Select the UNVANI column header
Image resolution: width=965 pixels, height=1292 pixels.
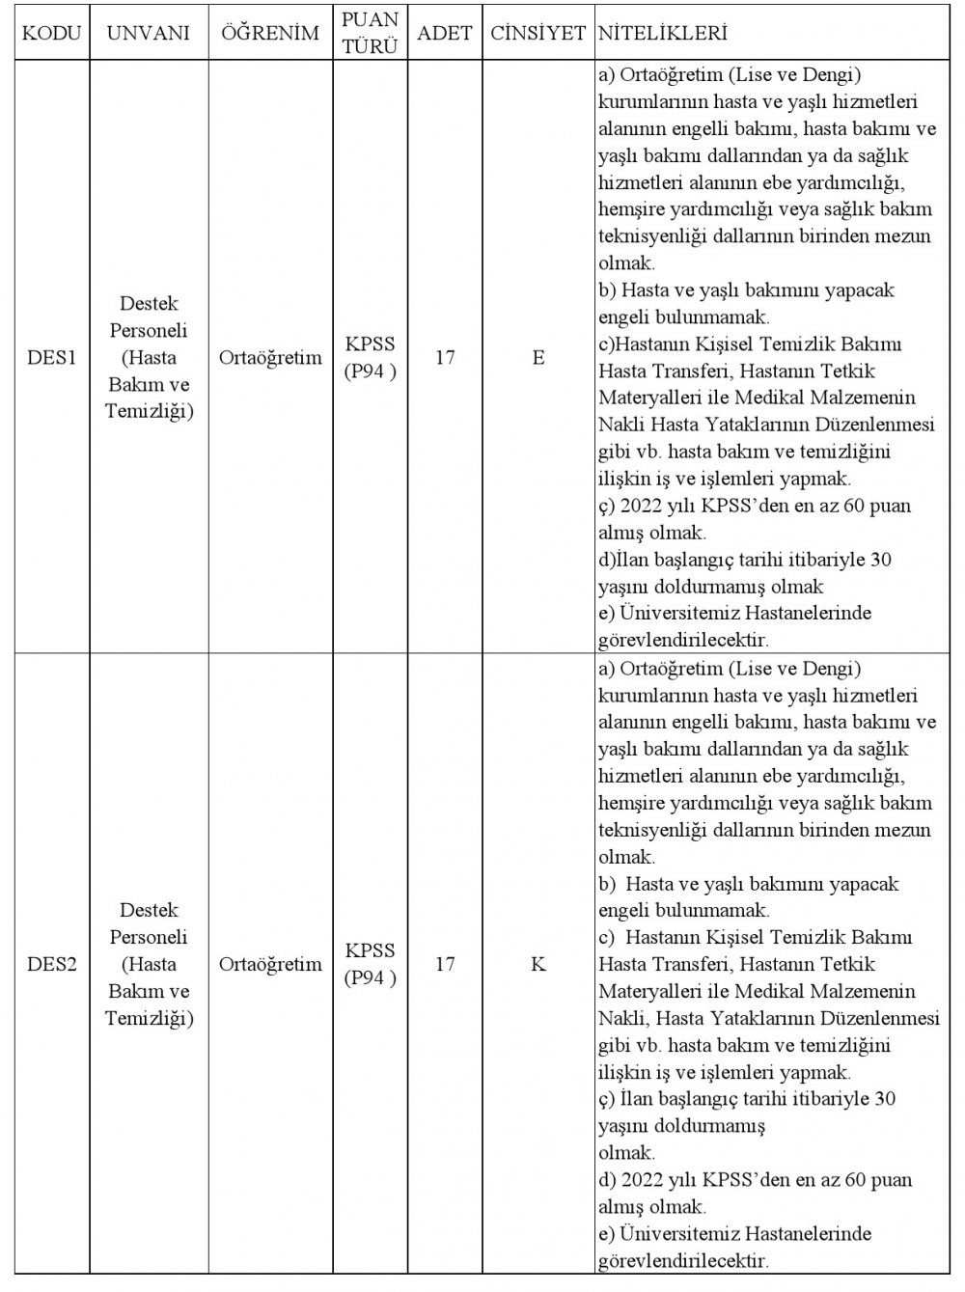coord(149,34)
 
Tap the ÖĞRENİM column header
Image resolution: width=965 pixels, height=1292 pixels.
coord(270,34)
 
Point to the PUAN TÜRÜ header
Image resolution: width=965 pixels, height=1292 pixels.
coord(371,33)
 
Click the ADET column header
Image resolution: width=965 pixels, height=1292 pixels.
coord(445,34)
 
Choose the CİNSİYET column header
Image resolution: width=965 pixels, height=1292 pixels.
coord(538,34)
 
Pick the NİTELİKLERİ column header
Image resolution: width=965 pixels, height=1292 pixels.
coord(663,34)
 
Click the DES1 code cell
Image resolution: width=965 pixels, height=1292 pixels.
coord(51,358)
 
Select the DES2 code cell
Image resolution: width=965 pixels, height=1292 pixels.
coord(51,964)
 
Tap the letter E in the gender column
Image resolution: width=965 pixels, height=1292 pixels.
coord(538,358)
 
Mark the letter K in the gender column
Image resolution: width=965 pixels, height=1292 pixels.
coord(538,964)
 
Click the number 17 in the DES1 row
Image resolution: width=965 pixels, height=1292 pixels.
coord(445,358)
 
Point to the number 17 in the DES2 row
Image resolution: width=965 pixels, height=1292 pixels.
coord(445,964)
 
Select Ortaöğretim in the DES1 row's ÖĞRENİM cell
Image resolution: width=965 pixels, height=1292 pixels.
coord(270,358)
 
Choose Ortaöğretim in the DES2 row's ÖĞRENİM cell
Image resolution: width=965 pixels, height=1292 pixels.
coord(270,964)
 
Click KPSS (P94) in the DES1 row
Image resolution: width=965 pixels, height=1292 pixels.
coord(371,358)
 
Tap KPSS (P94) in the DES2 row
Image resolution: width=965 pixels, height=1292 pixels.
coord(371,964)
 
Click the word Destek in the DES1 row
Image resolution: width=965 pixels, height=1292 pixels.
coord(150,304)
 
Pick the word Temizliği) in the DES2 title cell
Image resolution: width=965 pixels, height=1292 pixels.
coord(150,1018)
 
